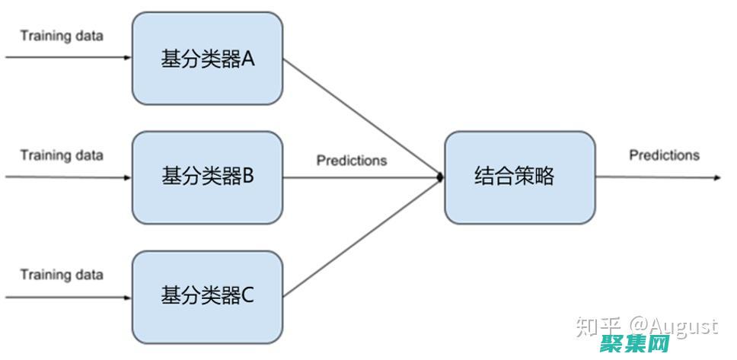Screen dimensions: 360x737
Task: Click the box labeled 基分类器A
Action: coord(207,58)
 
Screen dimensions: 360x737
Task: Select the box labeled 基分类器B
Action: coord(207,177)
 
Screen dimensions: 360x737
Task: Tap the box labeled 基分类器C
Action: coord(207,295)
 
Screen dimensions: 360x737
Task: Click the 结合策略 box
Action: coord(519,177)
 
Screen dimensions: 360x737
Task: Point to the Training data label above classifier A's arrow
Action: coord(62,36)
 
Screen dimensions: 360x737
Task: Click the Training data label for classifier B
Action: coord(62,155)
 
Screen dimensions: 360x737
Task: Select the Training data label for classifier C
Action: coord(62,274)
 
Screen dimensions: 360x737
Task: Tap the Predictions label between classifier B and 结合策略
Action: coord(352,161)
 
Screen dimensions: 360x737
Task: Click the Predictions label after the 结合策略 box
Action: coord(664,155)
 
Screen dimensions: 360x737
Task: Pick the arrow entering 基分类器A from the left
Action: coord(69,57)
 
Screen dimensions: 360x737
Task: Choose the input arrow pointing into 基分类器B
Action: coord(69,177)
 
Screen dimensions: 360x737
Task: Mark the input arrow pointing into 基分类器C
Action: coord(69,295)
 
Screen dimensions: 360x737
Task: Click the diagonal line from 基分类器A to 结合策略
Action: coord(362,118)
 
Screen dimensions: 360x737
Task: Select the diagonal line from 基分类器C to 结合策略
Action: coord(362,237)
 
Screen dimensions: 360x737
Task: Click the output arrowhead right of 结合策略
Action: coord(716,178)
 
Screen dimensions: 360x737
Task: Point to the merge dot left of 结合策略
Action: coord(439,177)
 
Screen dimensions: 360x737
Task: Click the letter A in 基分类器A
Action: coord(247,59)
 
